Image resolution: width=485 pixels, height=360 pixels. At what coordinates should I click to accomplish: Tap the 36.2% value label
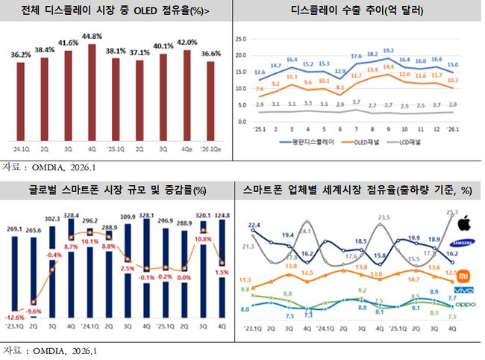point(21,55)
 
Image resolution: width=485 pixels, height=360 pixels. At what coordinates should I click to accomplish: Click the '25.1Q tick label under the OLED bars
point(116,147)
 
